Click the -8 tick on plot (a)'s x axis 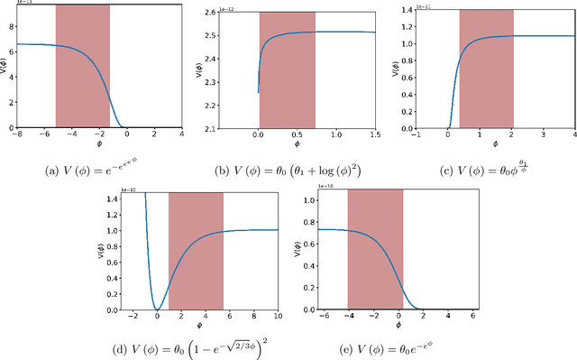pyautogui.click(x=17, y=134)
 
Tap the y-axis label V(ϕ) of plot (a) pyautogui.click(x=5, y=65)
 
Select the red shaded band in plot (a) pyautogui.click(x=82, y=65)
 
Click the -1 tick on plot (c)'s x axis pyautogui.click(x=416, y=134)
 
